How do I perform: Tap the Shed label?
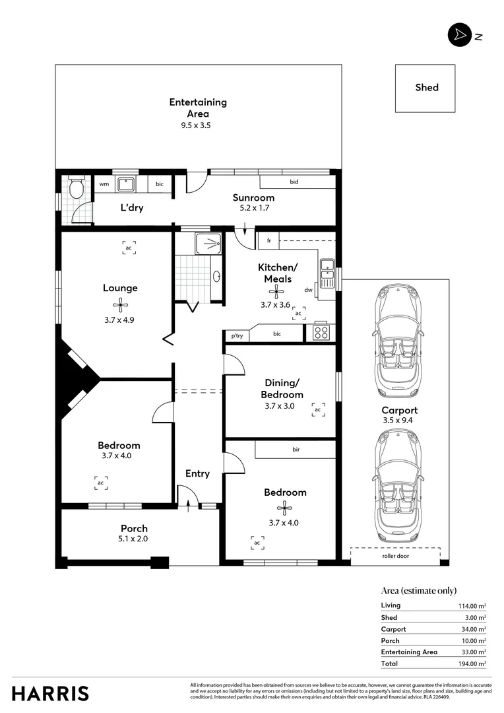426,87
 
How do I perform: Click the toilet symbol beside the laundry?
76,189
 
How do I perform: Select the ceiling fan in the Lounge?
120,304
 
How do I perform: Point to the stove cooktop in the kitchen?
321,332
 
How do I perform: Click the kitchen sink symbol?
327,270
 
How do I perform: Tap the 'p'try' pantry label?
236,336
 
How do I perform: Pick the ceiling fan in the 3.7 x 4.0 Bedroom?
284,508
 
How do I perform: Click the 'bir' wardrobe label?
296,450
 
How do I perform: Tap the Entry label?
197,473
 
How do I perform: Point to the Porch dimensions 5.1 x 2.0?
134,539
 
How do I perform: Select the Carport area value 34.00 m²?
472,629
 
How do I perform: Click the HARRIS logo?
50,693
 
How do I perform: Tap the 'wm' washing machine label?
104,184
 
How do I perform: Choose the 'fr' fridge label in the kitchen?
268,241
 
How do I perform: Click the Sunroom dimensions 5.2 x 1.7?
253,207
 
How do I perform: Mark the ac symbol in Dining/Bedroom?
318,410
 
